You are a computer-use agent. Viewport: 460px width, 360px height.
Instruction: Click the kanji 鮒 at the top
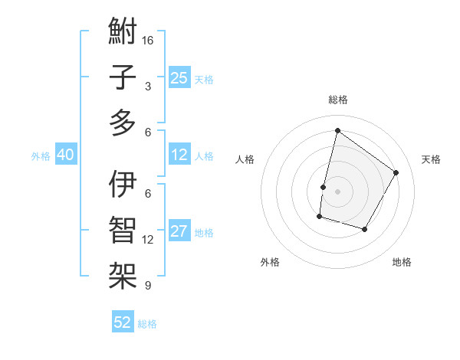[x=123, y=33]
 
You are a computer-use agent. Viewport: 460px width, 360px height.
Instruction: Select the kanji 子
[x=123, y=77]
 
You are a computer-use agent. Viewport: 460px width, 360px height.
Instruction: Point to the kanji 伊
[x=123, y=185]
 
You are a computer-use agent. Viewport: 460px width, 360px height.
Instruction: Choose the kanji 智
[x=123, y=229]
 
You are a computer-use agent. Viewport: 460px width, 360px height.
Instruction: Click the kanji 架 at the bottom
[x=123, y=273]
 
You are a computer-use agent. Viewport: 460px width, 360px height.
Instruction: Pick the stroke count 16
[x=148, y=40]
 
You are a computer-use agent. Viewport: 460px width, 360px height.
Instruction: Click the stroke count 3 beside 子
[x=148, y=87]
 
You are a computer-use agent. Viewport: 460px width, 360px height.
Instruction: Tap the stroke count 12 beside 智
[x=148, y=240]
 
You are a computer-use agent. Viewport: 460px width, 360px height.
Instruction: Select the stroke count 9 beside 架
[x=148, y=286]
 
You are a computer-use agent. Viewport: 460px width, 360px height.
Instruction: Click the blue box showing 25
[x=179, y=78]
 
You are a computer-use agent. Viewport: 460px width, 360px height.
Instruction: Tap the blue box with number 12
[x=179, y=155]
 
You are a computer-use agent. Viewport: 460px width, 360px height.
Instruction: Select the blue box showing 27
[x=179, y=232]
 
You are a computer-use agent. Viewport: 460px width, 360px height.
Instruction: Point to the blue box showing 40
[x=65, y=155]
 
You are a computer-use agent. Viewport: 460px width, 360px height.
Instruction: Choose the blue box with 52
[x=123, y=322]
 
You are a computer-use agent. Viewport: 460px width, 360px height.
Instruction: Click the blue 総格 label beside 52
[x=147, y=324]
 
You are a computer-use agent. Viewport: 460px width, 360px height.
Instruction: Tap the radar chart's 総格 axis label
[x=337, y=100]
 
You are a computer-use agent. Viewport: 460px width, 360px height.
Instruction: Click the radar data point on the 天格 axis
[x=396, y=172]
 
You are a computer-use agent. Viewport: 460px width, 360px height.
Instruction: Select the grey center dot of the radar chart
[x=337, y=191]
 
